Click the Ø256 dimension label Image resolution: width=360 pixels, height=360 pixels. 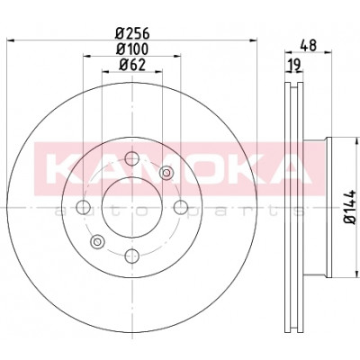(x=132, y=33)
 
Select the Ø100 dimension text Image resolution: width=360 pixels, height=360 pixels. (x=132, y=49)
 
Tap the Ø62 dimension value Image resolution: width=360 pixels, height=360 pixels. (x=132, y=65)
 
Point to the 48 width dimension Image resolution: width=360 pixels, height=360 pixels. (x=309, y=45)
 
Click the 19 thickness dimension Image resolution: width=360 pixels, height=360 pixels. (x=294, y=65)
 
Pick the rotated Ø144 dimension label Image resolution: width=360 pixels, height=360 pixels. (x=350, y=207)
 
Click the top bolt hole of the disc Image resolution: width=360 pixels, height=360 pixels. (x=132, y=158)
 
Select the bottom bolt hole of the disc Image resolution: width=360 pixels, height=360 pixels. (x=132, y=256)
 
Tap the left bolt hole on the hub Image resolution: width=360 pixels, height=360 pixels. (x=84, y=207)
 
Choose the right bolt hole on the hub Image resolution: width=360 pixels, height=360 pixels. (x=181, y=207)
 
